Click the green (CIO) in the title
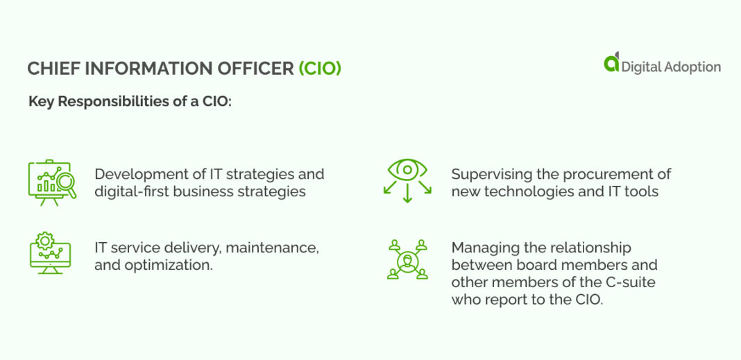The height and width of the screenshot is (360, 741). click(x=320, y=69)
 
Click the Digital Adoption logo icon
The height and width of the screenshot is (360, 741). click(x=611, y=63)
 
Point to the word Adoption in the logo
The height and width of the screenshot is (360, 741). click(x=690, y=67)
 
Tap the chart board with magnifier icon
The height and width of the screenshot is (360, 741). click(x=49, y=182)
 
